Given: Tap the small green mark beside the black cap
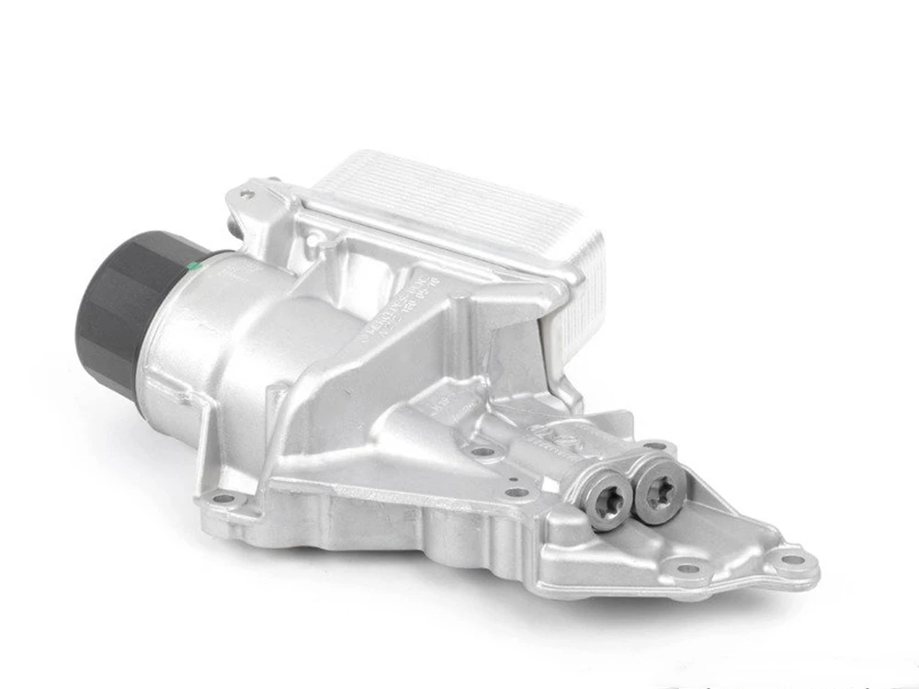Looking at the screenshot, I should pyautogui.click(x=192, y=266).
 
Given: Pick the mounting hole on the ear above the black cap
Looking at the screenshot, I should pyautogui.click(x=245, y=194).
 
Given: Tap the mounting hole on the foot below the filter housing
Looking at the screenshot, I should pyautogui.click(x=221, y=499).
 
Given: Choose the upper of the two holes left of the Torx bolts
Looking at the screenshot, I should pyautogui.click(x=479, y=452).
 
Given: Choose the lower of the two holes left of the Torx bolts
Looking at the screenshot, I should pyautogui.click(x=520, y=492).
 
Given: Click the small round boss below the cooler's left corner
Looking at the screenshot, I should pyautogui.click(x=314, y=241).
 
